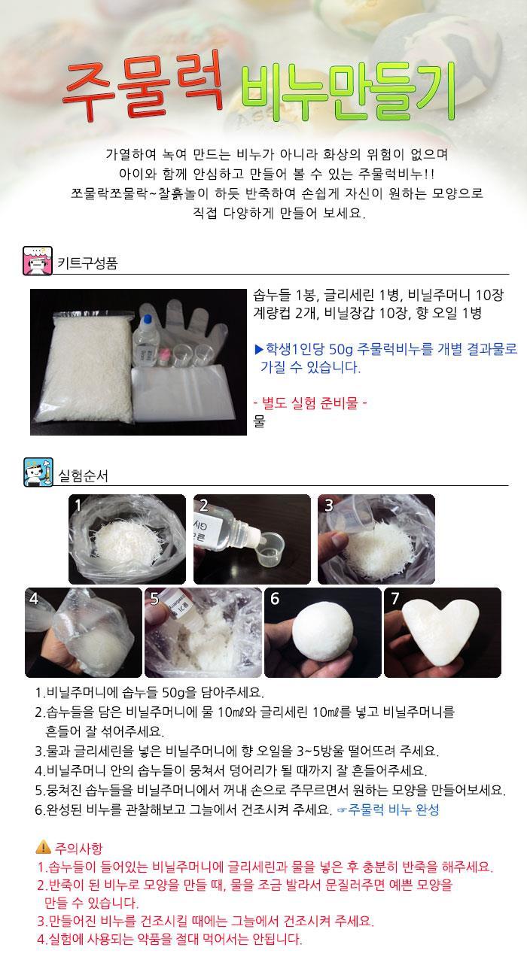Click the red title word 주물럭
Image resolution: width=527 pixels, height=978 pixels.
coord(143,86)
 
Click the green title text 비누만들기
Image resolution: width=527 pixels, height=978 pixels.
coord(349,92)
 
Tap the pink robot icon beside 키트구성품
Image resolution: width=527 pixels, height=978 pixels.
coord(38,261)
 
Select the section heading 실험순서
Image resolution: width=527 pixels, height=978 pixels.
coord(83,475)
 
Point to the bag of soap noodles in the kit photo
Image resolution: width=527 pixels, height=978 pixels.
coord(84,366)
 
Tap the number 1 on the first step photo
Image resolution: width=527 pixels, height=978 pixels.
coord(78,505)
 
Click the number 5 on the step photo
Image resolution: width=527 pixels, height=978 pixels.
coord(154,598)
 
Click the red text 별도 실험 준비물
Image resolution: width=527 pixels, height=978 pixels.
coord(310,402)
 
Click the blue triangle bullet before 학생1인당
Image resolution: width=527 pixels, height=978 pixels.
coord(259,349)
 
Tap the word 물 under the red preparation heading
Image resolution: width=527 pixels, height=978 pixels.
coord(259,421)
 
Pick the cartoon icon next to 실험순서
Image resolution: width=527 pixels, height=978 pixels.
coord(38,472)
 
